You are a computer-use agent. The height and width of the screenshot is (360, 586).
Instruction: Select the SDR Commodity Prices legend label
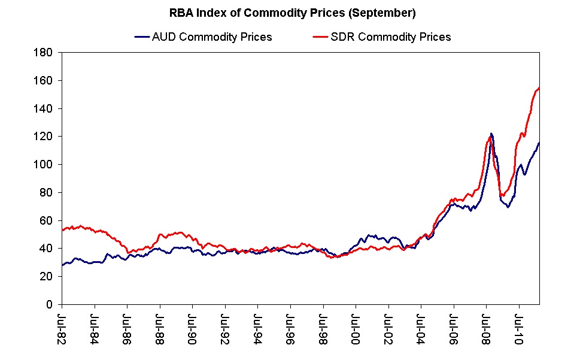(x=391, y=37)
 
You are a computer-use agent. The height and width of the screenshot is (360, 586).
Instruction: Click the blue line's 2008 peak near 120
(x=491, y=134)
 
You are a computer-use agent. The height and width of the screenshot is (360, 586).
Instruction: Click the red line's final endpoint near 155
(x=539, y=88)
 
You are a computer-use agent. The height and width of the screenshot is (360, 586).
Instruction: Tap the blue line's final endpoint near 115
(x=539, y=143)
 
